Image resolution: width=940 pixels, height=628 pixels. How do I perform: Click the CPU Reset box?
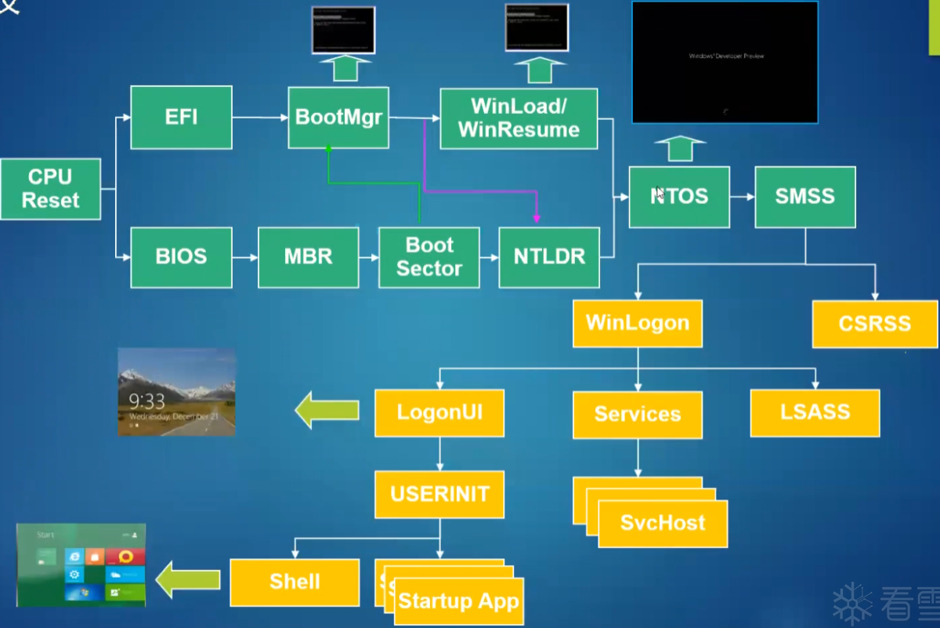[x=50, y=189]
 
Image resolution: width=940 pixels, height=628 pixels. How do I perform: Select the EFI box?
[x=181, y=118]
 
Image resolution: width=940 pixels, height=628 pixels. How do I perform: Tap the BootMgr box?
[x=338, y=118]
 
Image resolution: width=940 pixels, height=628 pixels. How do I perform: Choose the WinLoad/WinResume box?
[x=519, y=118]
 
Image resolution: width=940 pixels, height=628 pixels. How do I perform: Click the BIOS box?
[x=181, y=257]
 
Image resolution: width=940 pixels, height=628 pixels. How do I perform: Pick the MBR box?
[x=308, y=257]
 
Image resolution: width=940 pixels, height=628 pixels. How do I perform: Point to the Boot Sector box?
[x=428, y=257]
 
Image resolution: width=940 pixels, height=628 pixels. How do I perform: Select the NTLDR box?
[x=549, y=257]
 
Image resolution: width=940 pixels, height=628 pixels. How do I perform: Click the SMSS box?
[x=804, y=197]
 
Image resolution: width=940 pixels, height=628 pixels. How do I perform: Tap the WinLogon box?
[x=638, y=323]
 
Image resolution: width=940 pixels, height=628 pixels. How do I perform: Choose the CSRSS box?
[x=874, y=324]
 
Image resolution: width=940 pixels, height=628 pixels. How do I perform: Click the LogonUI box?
[x=439, y=413]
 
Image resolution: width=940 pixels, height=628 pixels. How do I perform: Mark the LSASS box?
[x=815, y=413]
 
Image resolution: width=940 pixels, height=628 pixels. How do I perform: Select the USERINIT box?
[x=439, y=495]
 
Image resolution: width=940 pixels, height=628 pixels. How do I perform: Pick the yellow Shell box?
[x=295, y=582]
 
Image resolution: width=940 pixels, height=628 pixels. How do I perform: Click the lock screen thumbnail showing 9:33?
[x=176, y=392]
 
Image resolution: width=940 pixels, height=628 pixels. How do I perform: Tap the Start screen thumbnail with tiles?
[x=81, y=564]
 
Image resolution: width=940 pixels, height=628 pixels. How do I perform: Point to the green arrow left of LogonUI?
[x=327, y=410]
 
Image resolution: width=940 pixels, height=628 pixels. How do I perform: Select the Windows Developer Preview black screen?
[x=725, y=63]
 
